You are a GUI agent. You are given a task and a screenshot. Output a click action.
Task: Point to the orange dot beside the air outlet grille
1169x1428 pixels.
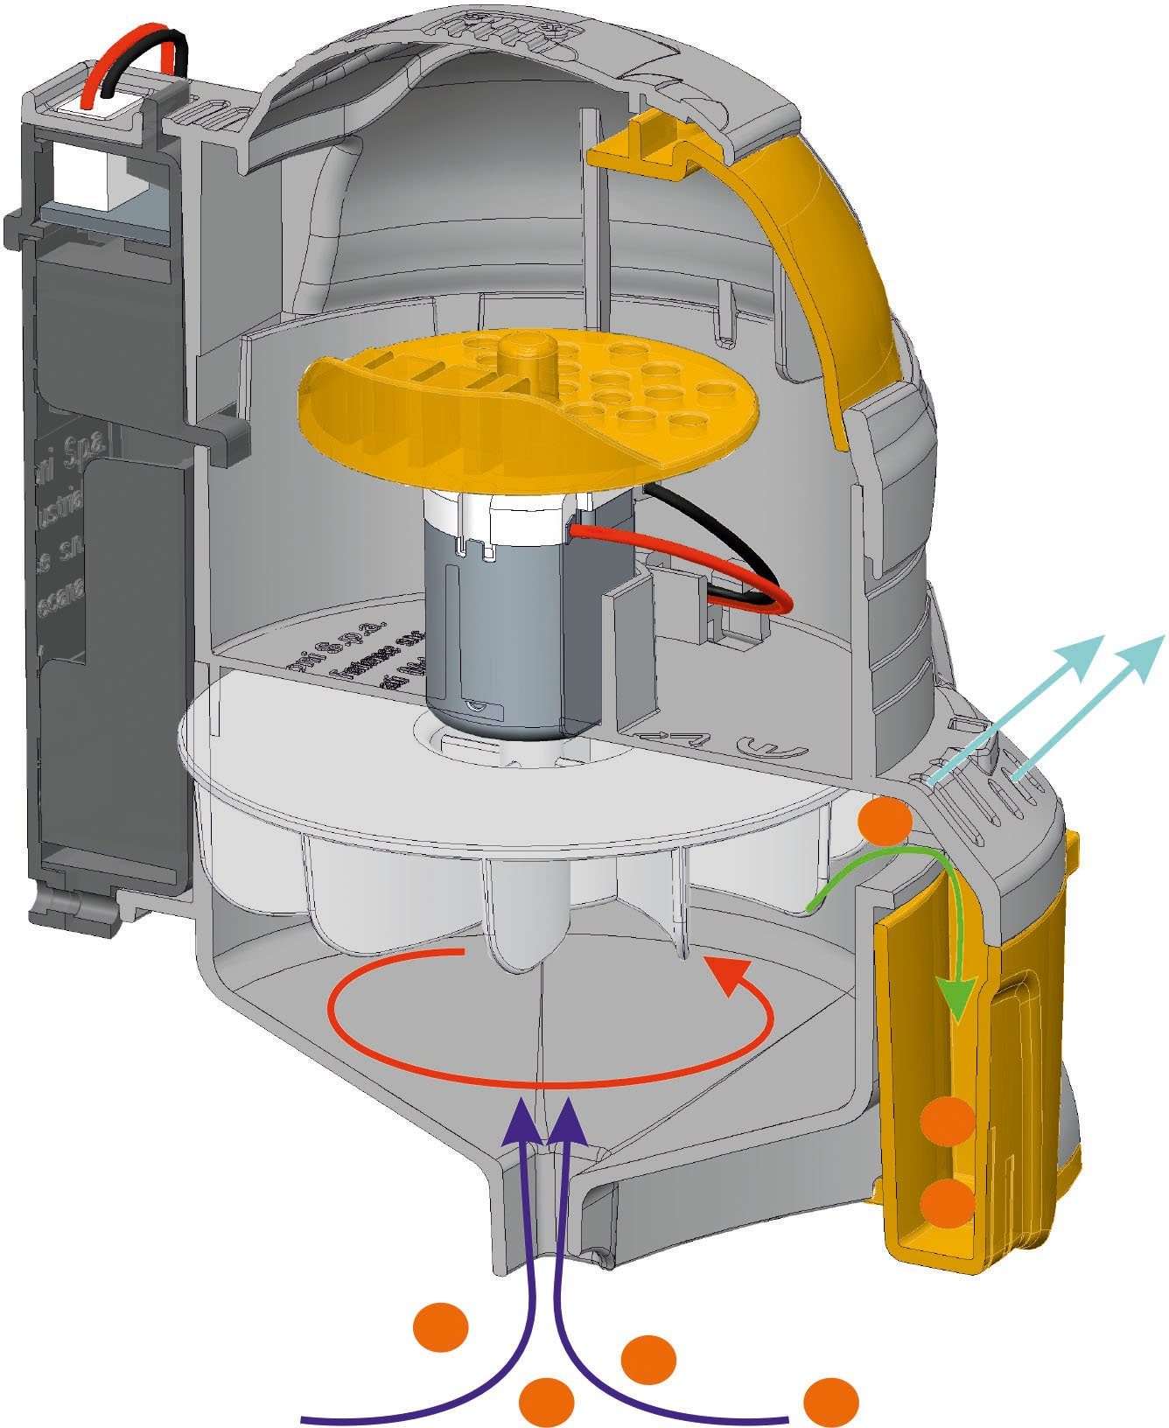coord(885,819)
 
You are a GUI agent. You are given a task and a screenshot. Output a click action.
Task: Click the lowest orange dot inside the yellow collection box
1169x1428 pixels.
coord(948,1202)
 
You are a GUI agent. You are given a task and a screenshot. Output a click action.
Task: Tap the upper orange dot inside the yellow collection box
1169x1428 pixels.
coord(948,1120)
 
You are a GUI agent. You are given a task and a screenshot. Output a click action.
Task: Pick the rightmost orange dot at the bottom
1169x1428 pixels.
coord(830,1400)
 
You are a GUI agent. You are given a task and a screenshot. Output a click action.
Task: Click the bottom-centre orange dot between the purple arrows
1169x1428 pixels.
coord(547,1400)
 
